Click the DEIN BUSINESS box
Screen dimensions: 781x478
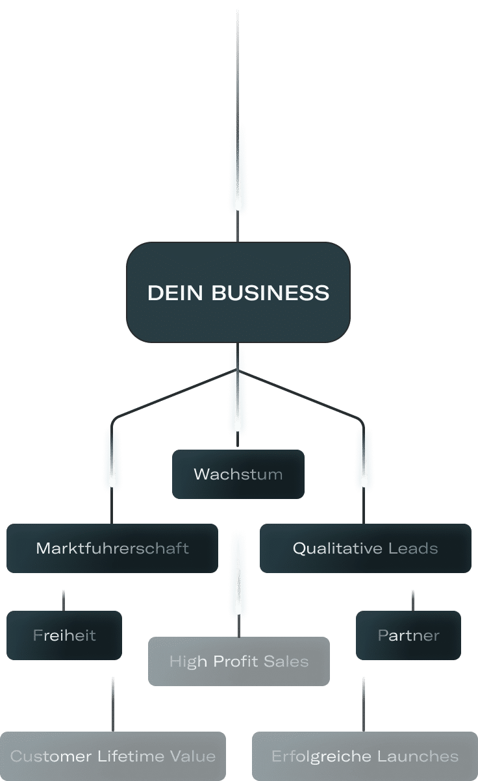238,292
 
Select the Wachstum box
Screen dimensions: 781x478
238,474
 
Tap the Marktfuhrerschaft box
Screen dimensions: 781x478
112,548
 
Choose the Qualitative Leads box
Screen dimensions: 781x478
365,548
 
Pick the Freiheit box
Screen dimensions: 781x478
64,635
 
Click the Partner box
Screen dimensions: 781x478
409,635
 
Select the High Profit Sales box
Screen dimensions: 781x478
238,661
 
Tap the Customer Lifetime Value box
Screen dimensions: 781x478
113,756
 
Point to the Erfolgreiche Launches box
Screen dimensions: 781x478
365,756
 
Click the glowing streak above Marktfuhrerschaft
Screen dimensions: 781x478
112,457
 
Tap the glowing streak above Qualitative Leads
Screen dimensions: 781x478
364,457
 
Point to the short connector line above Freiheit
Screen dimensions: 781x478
64,600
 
